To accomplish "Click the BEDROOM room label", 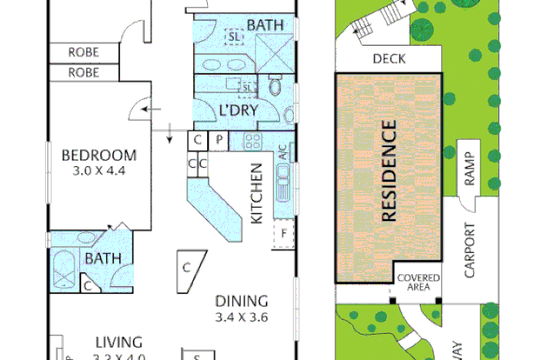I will [x=100, y=155].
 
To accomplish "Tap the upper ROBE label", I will [x=83, y=52].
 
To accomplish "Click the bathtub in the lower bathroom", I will [x=65, y=268].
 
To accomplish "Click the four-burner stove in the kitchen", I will [x=250, y=140].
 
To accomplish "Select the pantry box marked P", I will [x=220, y=140].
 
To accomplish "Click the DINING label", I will [x=242, y=299].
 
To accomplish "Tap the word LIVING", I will [x=119, y=341].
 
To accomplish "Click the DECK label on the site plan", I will [x=389, y=59].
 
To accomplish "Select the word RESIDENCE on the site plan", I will [x=389, y=172].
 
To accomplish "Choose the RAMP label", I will [x=469, y=169].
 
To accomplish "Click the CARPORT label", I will [x=470, y=250].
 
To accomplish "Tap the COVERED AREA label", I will [x=418, y=283].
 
